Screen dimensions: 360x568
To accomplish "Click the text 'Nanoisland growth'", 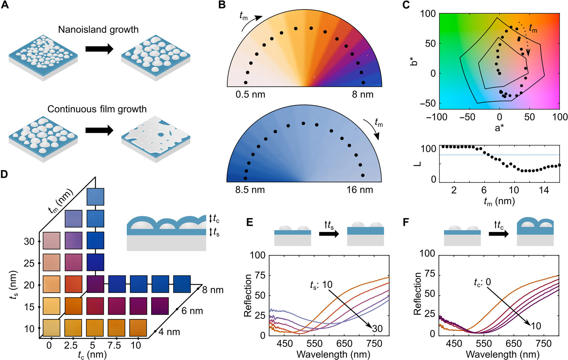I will coord(98,30).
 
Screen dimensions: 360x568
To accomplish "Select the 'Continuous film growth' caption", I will coord(97,109).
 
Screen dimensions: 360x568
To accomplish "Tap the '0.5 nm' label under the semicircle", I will coord(250,95).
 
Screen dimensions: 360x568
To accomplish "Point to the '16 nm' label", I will coord(360,190).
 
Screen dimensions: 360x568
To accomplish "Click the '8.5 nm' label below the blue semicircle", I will coord(250,190).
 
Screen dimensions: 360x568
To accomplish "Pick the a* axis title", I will coord(499,128).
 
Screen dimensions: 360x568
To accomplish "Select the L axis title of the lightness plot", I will coord(418,164).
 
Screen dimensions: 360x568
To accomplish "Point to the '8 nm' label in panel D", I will coord(213,290).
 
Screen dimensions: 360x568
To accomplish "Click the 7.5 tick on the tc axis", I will coord(114,345).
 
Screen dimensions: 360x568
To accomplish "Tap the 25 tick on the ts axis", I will coord(29,263).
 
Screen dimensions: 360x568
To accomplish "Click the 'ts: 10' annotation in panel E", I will coord(321,285).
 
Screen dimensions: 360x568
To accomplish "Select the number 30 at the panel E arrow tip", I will coord(377,328).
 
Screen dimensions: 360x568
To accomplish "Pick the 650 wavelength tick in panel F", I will coord(514,344).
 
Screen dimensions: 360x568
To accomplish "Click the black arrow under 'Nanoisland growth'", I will coord(99,49).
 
